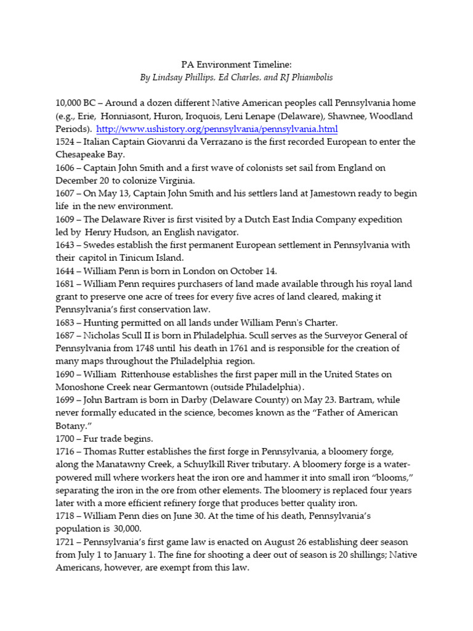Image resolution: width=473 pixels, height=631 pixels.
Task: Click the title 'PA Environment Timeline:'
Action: [235, 64]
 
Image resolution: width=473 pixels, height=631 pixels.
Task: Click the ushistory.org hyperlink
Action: [217, 129]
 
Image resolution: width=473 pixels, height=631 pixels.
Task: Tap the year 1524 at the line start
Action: [65, 142]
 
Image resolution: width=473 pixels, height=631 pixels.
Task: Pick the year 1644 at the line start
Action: [65, 271]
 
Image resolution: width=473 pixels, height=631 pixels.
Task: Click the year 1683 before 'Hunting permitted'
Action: [65, 323]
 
